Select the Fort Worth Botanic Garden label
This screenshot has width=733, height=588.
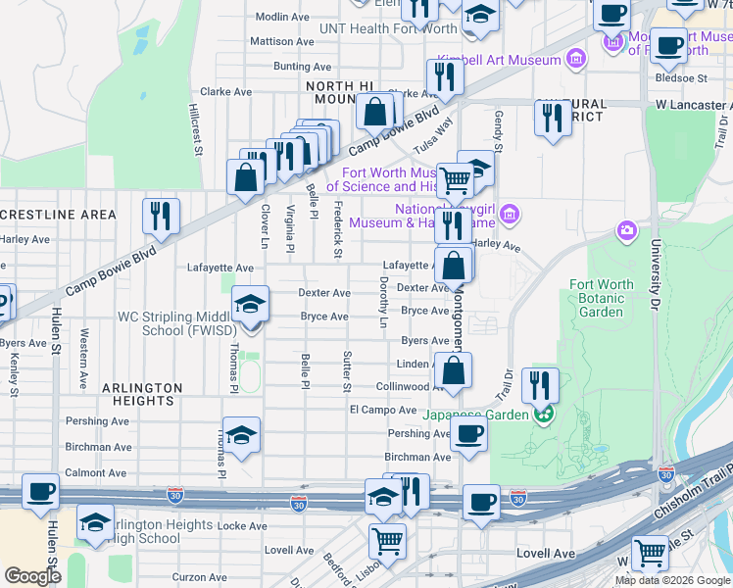tap(602, 299)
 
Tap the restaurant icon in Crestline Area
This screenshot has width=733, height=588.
tap(160, 216)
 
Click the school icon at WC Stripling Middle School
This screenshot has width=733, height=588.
tap(251, 303)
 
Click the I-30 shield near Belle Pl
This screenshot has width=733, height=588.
tap(299, 504)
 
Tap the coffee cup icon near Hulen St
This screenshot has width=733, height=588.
tap(41, 492)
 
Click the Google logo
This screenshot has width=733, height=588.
tap(32, 576)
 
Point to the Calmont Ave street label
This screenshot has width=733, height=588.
tap(95, 472)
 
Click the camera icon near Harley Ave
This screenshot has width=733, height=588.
tap(625, 231)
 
